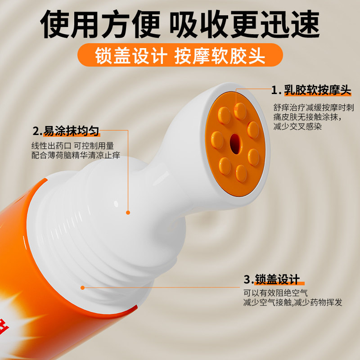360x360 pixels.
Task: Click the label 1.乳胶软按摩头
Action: (x=310, y=90)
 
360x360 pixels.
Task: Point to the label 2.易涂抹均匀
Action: (x=66, y=131)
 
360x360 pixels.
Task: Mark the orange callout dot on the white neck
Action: (x=128, y=212)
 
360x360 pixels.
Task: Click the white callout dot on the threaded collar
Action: (x=82, y=287)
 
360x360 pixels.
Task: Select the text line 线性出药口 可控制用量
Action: (x=72, y=146)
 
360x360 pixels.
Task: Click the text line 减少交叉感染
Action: (x=297, y=127)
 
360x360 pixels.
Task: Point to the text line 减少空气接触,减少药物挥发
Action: (x=292, y=303)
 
